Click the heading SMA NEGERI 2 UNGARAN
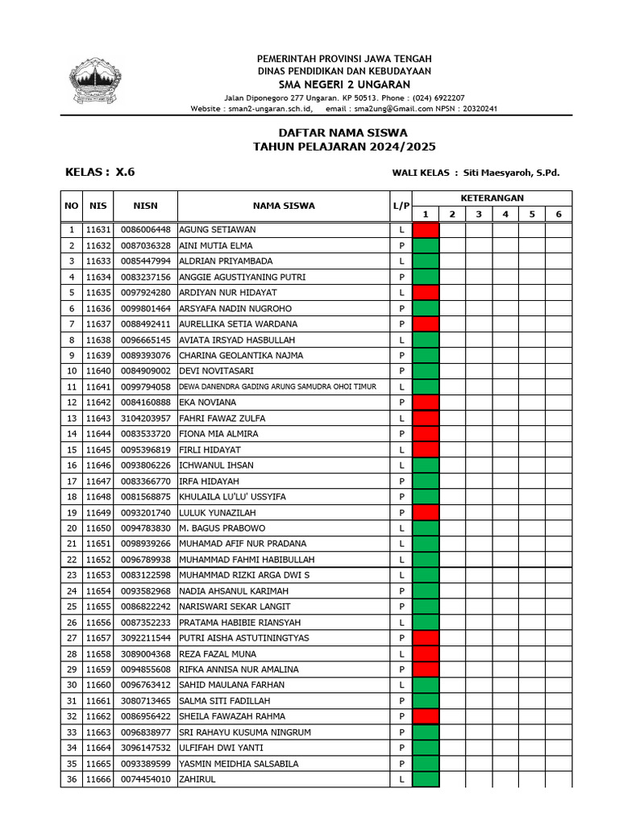pos(344,85)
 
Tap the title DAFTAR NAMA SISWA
pos(343,132)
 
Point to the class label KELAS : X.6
pos(100,172)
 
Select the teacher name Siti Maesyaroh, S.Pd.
pos(511,173)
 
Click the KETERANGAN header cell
pos(492,198)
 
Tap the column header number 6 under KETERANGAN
pos(558,214)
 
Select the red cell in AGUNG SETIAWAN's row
pos(426,230)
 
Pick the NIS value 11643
pos(98,418)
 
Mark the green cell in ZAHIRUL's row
pos(426,779)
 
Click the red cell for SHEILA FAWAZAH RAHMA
pos(426,716)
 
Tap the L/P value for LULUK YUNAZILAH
pos(401,512)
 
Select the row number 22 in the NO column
pos(71,559)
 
